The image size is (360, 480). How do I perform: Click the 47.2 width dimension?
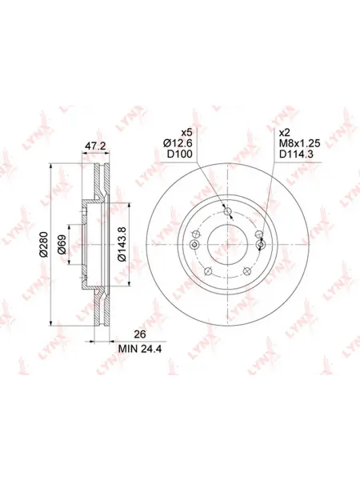pyautogui.click(x=95, y=146)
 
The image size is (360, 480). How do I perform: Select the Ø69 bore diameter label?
pyautogui.click(x=62, y=244)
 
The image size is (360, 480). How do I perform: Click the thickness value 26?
pyautogui.click(x=141, y=334)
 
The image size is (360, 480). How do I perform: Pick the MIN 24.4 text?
pyautogui.click(x=141, y=348)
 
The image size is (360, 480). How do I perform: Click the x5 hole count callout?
pyautogui.click(x=186, y=133)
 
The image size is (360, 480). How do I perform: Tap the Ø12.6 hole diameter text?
pyautogui.click(x=178, y=143)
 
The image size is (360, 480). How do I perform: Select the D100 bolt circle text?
pyautogui.click(x=180, y=154)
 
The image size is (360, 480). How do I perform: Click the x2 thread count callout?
pyautogui.click(x=285, y=133)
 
